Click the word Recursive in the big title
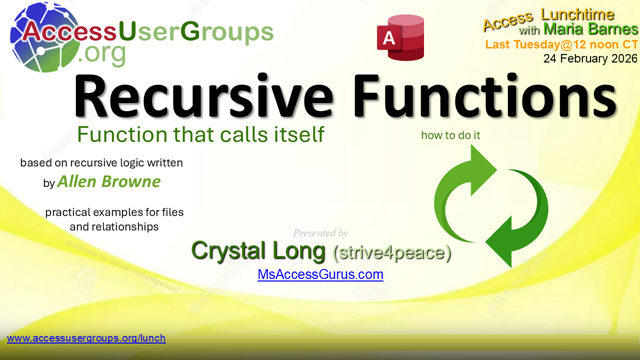(x=190, y=99)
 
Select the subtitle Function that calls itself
(x=200, y=134)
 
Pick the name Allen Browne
(x=109, y=182)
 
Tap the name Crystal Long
(x=257, y=250)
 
